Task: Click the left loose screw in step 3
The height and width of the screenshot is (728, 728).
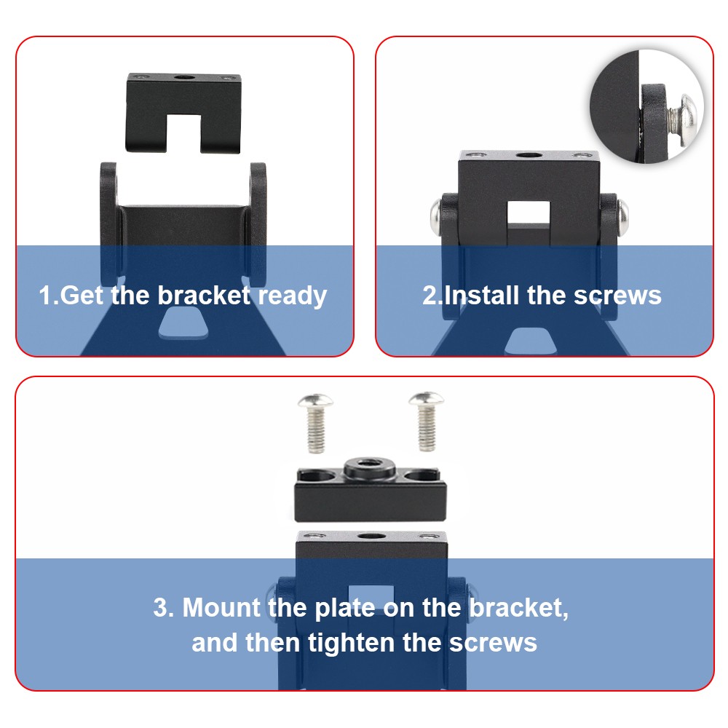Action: tap(316, 422)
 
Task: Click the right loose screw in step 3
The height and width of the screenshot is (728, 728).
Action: tap(427, 422)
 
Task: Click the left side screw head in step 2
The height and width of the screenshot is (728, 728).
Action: tap(436, 216)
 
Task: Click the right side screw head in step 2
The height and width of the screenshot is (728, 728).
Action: tap(623, 216)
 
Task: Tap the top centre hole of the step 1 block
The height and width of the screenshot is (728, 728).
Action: tap(184, 76)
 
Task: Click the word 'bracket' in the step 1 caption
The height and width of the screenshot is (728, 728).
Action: tap(205, 296)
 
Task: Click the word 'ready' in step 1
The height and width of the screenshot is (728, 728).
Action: tap(293, 296)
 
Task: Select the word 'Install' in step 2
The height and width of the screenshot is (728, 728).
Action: tap(481, 296)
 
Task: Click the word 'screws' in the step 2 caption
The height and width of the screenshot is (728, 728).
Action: tap(617, 296)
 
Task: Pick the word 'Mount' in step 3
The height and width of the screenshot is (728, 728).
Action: tap(221, 607)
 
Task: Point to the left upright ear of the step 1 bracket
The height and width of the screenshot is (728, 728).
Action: tap(111, 223)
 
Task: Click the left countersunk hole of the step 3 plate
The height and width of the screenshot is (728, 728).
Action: tap(317, 475)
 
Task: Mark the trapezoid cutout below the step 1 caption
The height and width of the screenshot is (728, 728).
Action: tap(183, 323)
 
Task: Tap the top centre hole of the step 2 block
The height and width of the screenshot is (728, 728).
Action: tap(529, 155)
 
